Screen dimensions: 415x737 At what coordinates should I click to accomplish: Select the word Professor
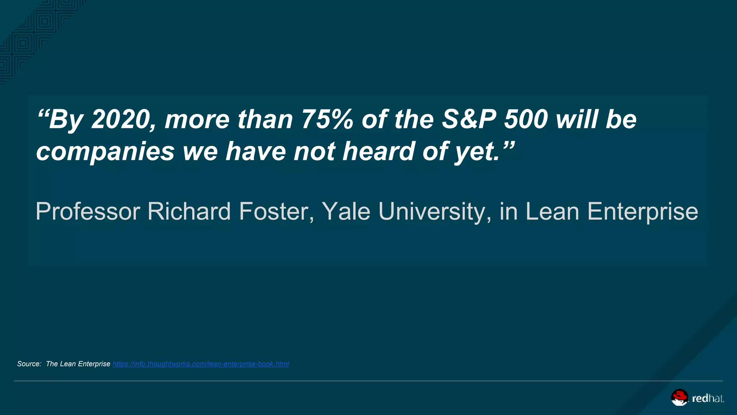click(x=88, y=211)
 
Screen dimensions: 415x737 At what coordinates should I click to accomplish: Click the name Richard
click(x=189, y=211)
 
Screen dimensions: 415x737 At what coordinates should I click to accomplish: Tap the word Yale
click(x=346, y=211)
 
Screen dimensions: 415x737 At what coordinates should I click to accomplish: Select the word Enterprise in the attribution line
click(x=643, y=211)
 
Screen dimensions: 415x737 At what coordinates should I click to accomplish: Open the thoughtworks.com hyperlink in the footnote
click(x=200, y=364)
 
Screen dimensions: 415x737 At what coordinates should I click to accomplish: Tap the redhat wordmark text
click(x=707, y=398)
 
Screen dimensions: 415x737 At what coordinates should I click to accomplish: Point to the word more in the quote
click(x=197, y=120)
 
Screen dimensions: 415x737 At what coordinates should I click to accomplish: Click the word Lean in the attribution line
click(x=552, y=211)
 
